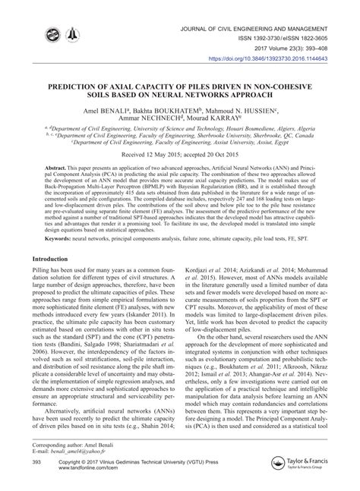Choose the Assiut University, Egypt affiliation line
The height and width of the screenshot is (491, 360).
coord(179,141)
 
